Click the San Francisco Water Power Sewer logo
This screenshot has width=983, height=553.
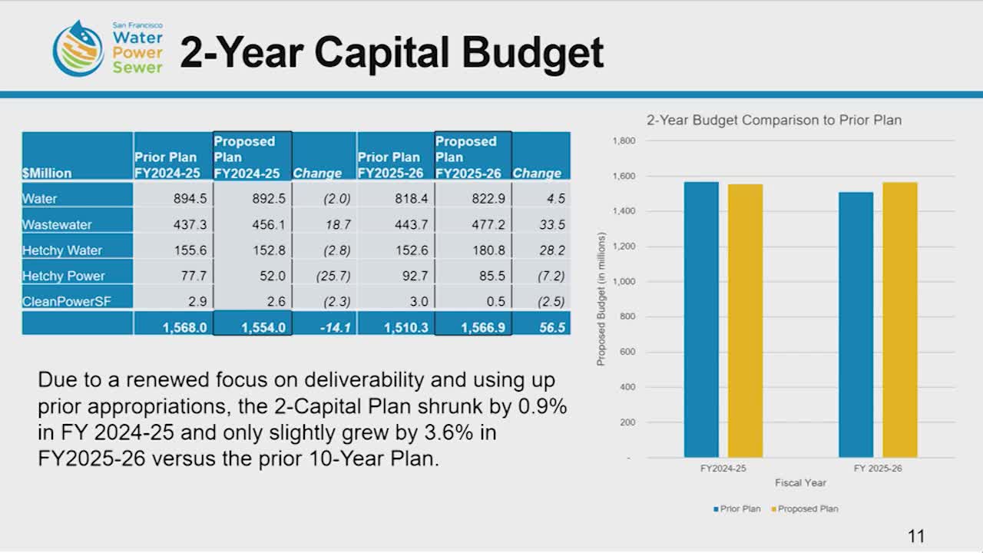click(108, 48)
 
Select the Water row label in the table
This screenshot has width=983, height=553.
click(40, 199)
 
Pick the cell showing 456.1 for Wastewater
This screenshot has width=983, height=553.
click(269, 224)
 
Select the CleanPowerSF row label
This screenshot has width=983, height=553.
click(66, 301)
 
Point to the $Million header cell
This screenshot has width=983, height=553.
click(47, 173)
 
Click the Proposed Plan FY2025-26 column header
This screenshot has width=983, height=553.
click(468, 157)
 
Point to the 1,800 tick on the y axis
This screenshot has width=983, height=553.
click(623, 141)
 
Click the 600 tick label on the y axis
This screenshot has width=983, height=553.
click(627, 353)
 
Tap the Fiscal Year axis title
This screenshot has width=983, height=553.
click(800, 483)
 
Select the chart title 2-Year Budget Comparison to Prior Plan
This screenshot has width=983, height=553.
click(773, 120)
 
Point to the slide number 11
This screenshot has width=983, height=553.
click(915, 536)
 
